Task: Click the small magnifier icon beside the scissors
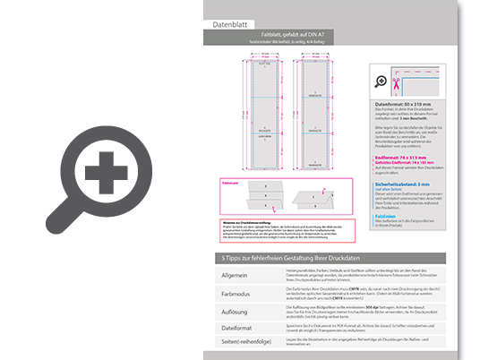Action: (x=380, y=81)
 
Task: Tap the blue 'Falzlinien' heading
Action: (x=387, y=215)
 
